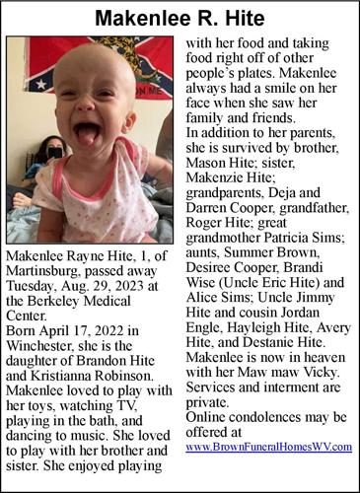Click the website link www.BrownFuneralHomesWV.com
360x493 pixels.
point(268,447)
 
